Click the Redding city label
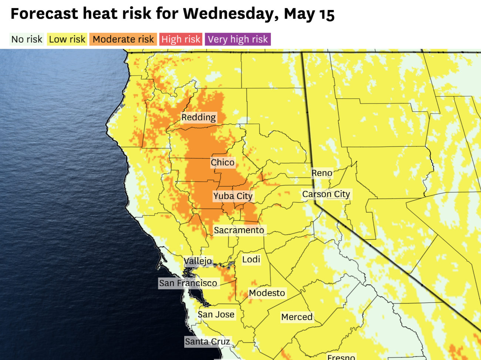point(198,117)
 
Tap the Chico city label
point(222,162)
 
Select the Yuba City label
point(233,196)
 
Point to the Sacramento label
point(239,230)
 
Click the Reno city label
point(322,173)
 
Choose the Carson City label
point(326,194)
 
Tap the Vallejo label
point(198,261)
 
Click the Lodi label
point(251,259)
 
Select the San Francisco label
point(188,283)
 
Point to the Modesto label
point(267,293)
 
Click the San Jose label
point(216,314)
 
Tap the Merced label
point(297,317)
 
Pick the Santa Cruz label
point(207,342)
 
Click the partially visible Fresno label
point(341,357)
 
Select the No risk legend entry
point(27,39)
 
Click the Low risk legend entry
point(67,39)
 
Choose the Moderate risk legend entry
point(123,39)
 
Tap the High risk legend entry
point(181,39)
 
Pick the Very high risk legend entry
point(238,39)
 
